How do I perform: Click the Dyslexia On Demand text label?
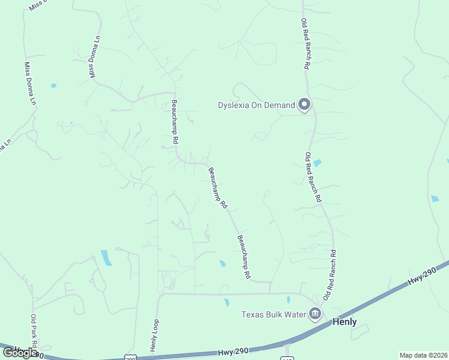point(256,106)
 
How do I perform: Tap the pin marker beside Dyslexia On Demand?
point(304,105)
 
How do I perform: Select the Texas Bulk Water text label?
point(274,314)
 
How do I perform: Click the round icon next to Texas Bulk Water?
point(315,313)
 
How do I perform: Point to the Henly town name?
point(345,322)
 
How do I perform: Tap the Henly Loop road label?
point(154,335)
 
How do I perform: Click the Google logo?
point(20,353)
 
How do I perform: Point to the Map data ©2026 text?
point(423,355)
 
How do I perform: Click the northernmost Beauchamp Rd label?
point(175,121)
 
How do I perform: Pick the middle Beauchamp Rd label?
point(218,188)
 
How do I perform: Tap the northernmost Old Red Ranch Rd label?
point(305,44)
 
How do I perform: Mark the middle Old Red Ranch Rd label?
point(313,176)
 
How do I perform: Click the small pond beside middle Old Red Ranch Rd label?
point(317,163)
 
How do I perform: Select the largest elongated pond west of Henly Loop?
point(106,257)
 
